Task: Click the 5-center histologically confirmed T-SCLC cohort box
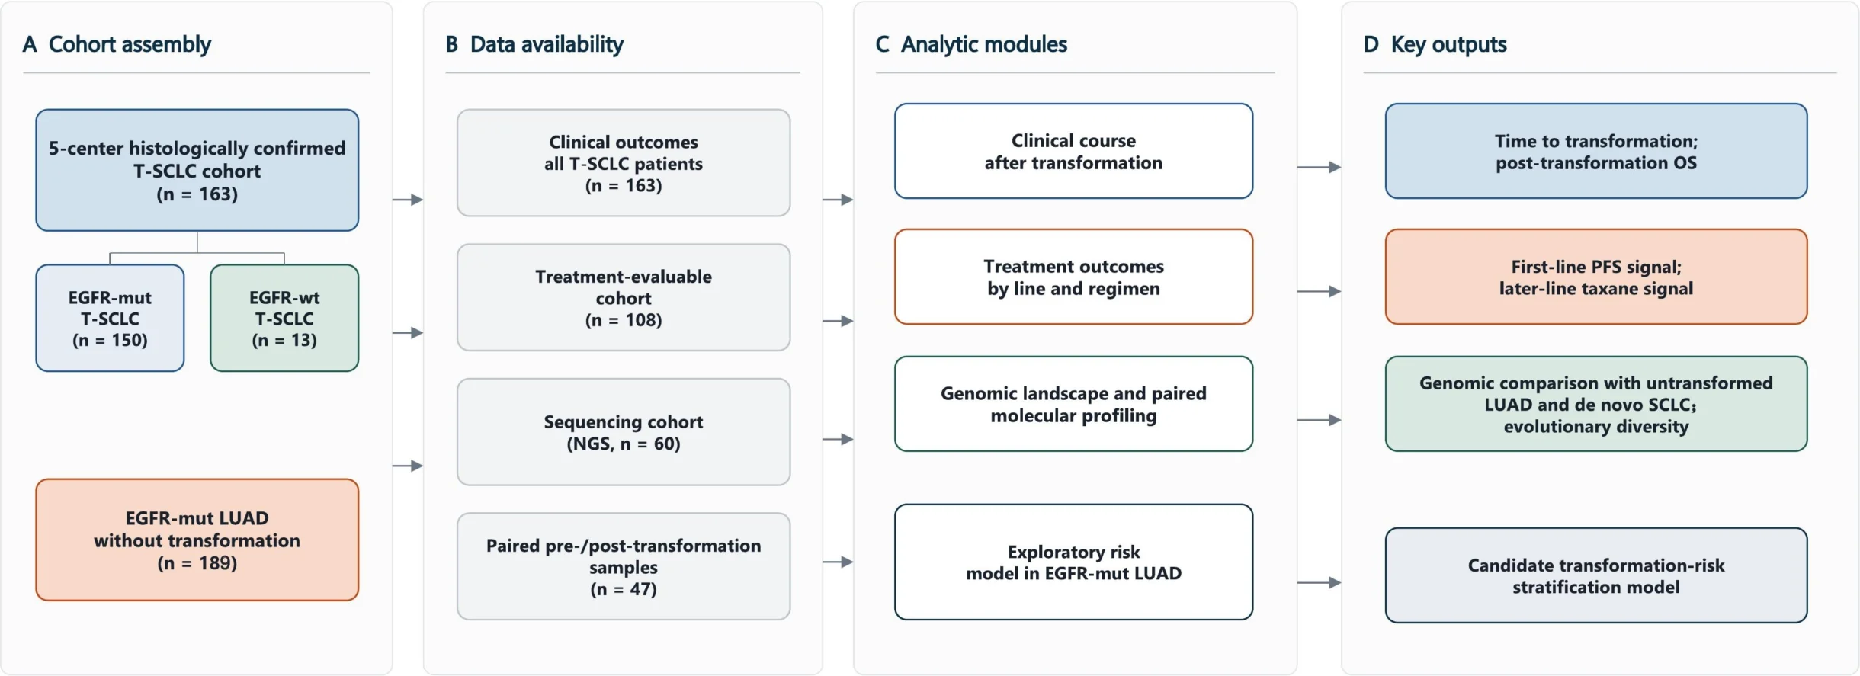coord(197,170)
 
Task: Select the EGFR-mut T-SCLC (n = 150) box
coord(110,318)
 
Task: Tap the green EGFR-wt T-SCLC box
coord(284,318)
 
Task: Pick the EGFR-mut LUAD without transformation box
coord(197,540)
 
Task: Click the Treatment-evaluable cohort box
coord(624,297)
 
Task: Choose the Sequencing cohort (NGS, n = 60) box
coord(624,432)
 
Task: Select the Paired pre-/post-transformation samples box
coord(624,566)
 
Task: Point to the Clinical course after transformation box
coord(1073,151)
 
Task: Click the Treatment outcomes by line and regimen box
coord(1073,277)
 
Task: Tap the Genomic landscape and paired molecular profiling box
coord(1073,404)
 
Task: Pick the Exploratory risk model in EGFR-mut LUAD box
coord(1073,562)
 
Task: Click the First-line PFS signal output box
coord(1596,277)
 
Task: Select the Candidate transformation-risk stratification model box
coord(1596,575)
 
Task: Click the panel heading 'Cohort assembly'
coord(130,44)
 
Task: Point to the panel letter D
coord(1371,44)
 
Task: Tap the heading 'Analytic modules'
coord(984,44)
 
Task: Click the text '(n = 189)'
coord(197,563)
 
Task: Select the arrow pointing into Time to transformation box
coord(1319,167)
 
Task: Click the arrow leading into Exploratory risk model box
coord(838,562)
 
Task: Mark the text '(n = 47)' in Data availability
coord(624,589)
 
